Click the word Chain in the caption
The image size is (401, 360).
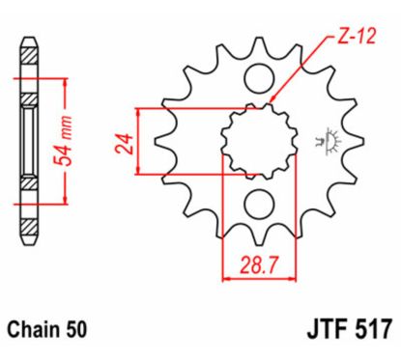(x=41, y=329)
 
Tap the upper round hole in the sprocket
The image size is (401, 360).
(x=258, y=77)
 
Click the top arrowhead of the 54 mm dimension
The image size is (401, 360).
(x=65, y=78)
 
